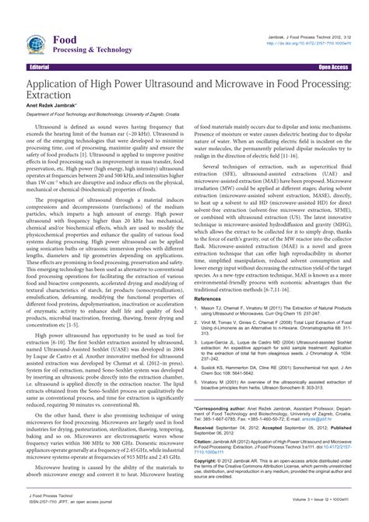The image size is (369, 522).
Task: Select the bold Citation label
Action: [205, 442]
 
